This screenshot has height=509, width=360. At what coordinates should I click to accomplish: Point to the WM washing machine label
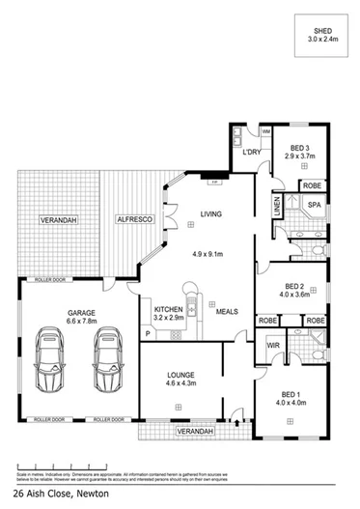point(265,130)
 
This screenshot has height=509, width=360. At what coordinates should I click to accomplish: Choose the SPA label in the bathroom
point(314,206)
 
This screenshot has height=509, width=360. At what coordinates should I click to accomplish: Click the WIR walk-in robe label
point(272,343)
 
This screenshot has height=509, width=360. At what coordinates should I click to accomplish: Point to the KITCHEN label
point(168,309)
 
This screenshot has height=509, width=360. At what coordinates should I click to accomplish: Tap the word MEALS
point(228,311)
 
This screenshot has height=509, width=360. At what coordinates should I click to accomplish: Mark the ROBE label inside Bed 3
point(312,184)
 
